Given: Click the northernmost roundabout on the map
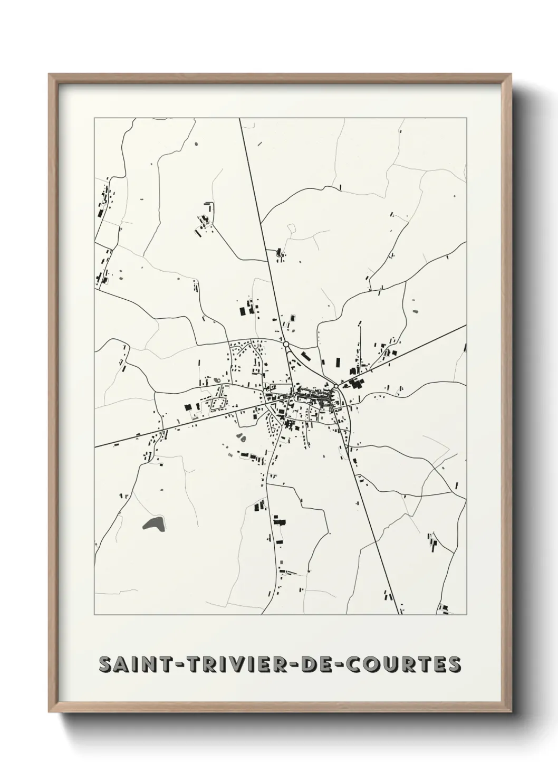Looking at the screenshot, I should [286, 344].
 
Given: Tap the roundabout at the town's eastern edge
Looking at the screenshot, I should [335, 386].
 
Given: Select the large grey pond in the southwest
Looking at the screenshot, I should [153, 523].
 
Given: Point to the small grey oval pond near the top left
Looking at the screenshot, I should [196, 143].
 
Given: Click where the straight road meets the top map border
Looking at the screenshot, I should [240, 118].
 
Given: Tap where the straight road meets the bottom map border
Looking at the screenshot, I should [397, 615].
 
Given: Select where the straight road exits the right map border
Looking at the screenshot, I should [466, 325].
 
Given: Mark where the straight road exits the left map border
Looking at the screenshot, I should [94, 447].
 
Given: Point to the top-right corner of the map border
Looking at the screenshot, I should [466, 118].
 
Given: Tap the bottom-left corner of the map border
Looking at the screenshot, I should [94, 615].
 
